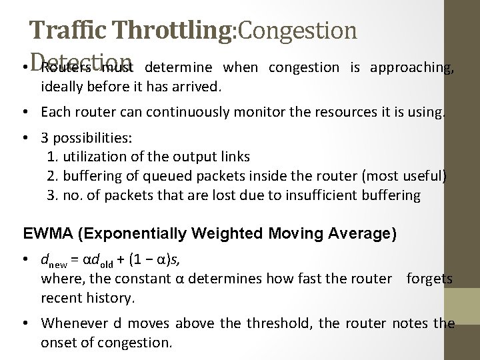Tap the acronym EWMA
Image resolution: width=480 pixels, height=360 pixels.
click(44, 233)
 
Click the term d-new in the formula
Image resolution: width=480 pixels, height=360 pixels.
click(52, 261)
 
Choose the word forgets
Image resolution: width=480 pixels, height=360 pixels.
click(432, 279)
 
